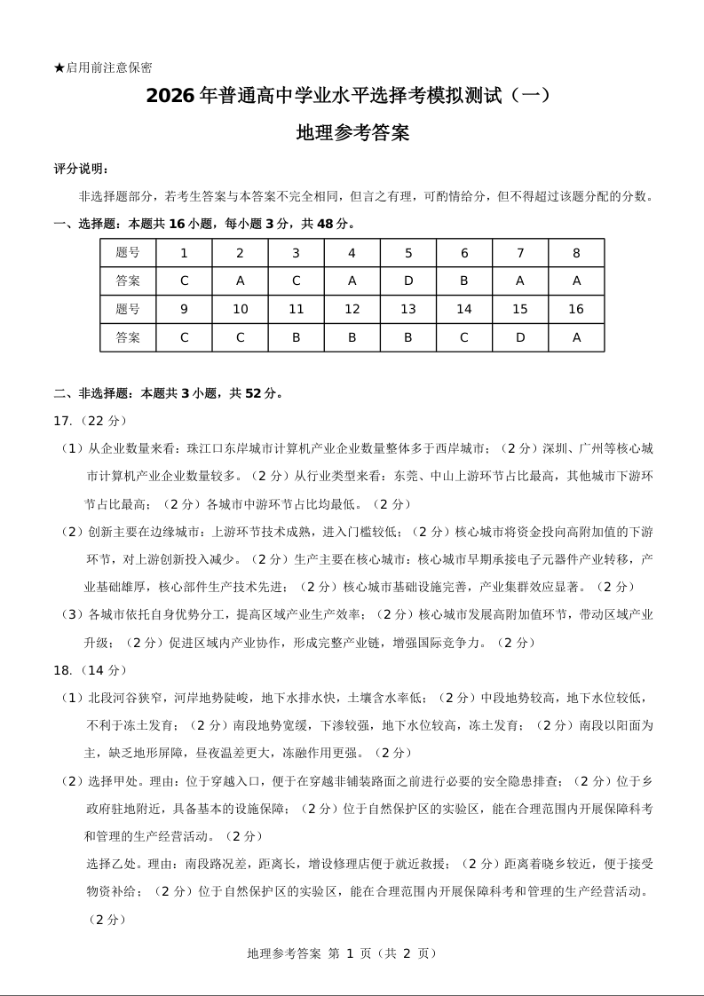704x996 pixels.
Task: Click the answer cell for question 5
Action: pyautogui.click(x=408, y=281)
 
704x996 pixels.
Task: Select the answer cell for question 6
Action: pyautogui.click(x=464, y=281)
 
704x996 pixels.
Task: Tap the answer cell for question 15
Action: pyautogui.click(x=520, y=337)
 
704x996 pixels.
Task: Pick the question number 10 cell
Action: pyautogui.click(x=240, y=309)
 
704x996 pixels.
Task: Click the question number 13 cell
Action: pyautogui.click(x=408, y=309)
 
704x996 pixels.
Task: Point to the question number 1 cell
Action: pyautogui.click(x=184, y=253)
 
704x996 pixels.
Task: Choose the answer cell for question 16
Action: pyautogui.click(x=576, y=337)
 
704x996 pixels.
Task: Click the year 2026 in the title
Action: pyautogui.click(x=170, y=96)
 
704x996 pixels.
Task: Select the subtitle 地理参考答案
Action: pyautogui.click(x=352, y=134)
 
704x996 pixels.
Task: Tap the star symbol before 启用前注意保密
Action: pyautogui.click(x=59, y=67)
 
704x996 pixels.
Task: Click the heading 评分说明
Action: pyautogui.click(x=82, y=169)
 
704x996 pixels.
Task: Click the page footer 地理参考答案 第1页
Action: pyautogui.click(x=343, y=953)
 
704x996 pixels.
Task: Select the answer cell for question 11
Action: pyautogui.click(x=296, y=337)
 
